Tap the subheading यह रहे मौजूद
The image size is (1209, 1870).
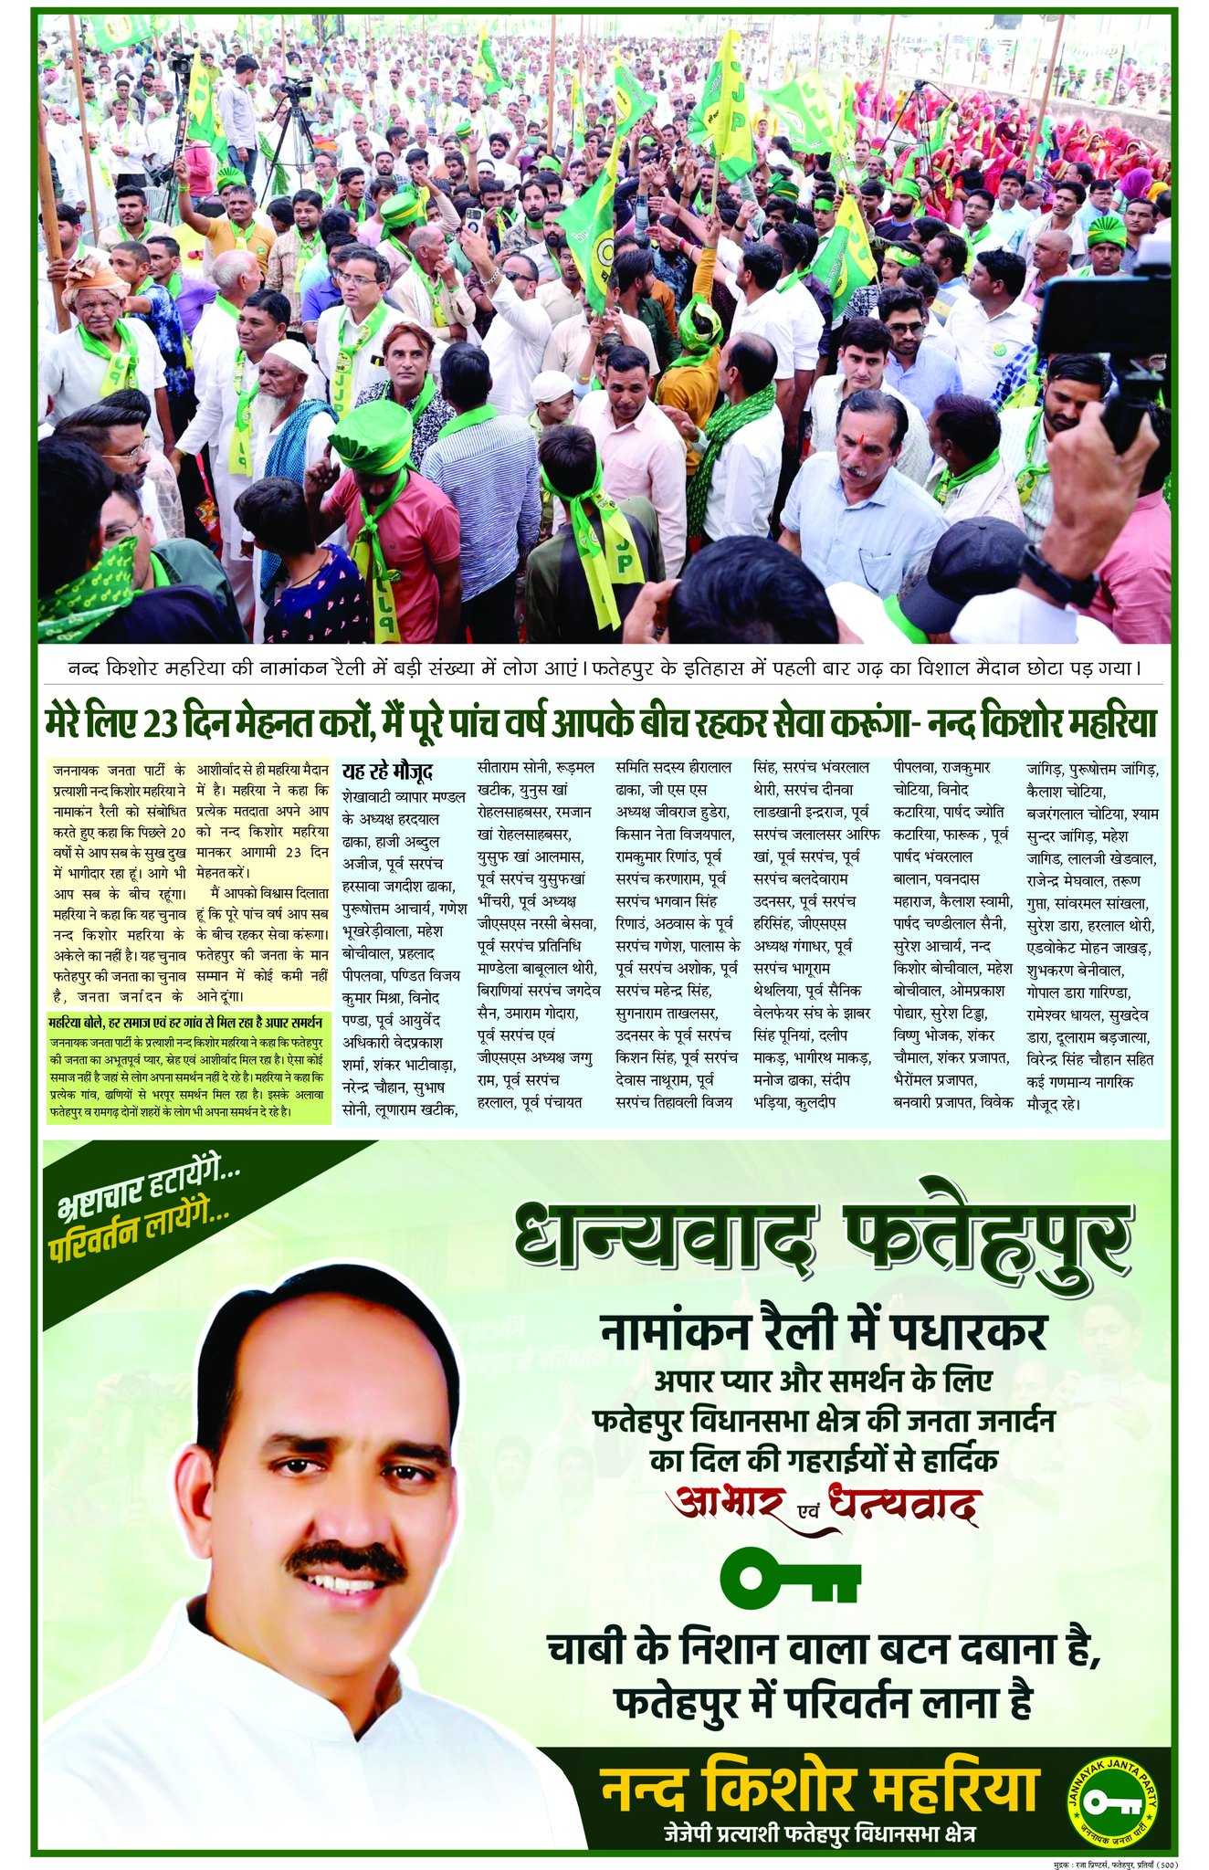point(387,770)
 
